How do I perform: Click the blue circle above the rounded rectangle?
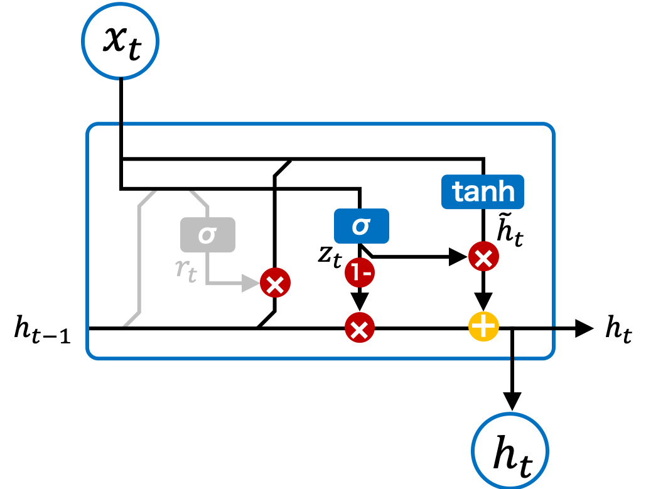click(120, 41)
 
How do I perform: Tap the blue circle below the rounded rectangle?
click(510, 450)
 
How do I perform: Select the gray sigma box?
click(208, 235)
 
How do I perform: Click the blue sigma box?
click(361, 226)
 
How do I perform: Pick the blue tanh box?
click(482, 191)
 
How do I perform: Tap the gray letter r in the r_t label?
click(181, 269)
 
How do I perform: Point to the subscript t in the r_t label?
click(192, 276)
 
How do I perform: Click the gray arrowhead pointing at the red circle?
click(251, 284)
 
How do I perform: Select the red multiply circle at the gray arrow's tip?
click(275, 284)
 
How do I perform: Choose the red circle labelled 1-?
click(360, 273)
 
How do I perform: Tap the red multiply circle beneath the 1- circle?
click(359, 328)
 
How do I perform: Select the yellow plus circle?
click(483, 326)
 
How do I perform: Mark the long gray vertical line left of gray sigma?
click(139, 257)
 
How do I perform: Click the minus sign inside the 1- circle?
click(365, 274)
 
